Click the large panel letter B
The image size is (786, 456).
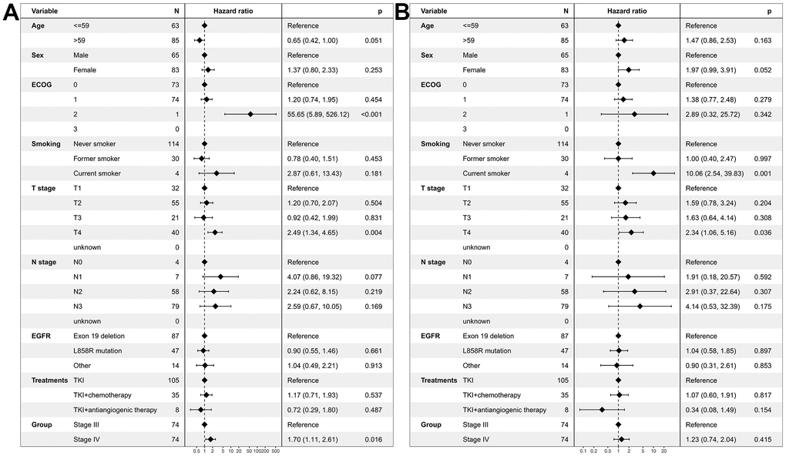tap(402, 14)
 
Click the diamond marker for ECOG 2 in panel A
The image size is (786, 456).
tap(250, 114)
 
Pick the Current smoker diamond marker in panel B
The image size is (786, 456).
tap(653, 173)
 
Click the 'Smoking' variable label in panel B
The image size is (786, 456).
tap(435, 144)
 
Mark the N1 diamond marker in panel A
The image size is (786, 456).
tap(220, 277)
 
